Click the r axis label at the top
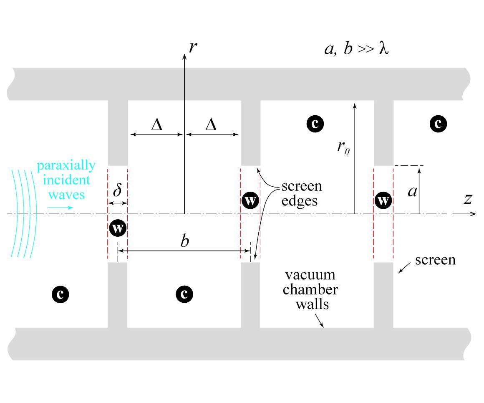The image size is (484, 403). coord(193,47)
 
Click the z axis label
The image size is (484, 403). coord(468,199)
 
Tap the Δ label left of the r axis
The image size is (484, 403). coord(156,125)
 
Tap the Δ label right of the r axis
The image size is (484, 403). coord(211,125)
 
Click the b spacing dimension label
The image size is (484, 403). coord(185,241)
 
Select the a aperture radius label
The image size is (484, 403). coord(412,191)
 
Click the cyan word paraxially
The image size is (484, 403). coord(66,166)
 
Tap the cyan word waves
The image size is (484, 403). coord(66,195)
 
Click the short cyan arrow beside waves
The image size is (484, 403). coord(60,207)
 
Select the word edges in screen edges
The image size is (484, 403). coord(299,201)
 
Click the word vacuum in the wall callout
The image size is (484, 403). coord(310,275)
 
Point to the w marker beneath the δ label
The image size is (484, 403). coord(118,228)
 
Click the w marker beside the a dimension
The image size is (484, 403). coord(383,201)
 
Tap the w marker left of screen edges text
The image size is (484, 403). coord(250,201)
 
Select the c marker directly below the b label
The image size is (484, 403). coord(184,294)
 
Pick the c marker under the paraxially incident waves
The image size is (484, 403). coord(60,294)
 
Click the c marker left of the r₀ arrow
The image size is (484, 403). coord(315,124)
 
